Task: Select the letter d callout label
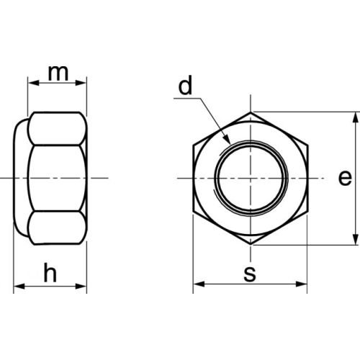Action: tap(186, 86)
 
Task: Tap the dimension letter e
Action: tap(344, 178)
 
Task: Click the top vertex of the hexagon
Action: tap(251, 112)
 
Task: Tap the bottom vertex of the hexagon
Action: tap(251, 244)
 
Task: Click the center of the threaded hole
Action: tap(251, 178)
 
